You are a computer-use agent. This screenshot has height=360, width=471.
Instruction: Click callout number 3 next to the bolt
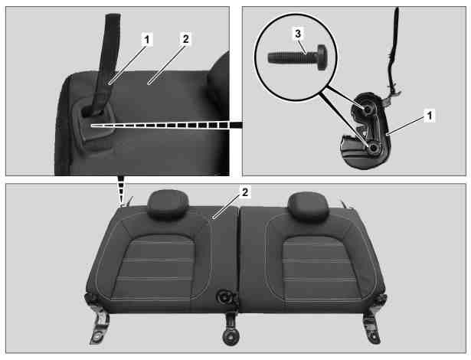[x=298, y=34]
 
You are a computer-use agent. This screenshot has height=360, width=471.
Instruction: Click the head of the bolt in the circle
[x=322, y=57]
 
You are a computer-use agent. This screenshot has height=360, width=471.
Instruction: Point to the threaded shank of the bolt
[x=293, y=57]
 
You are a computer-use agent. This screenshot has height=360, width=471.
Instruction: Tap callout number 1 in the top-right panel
[x=429, y=116]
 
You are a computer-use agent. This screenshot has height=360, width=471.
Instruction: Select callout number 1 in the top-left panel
[x=146, y=39]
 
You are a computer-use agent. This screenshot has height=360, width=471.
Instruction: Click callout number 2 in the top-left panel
[x=185, y=39]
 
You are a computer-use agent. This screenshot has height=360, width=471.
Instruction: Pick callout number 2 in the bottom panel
[x=245, y=192]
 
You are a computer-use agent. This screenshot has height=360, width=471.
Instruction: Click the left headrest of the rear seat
[x=168, y=204]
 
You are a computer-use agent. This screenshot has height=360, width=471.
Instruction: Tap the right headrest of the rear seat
[x=308, y=206]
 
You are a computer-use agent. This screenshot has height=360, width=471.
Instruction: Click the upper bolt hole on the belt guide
[x=367, y=110]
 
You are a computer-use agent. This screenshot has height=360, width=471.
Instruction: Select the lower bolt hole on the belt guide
[x=374, y=148]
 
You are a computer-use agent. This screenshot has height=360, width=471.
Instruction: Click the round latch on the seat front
[x=224, y=297]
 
